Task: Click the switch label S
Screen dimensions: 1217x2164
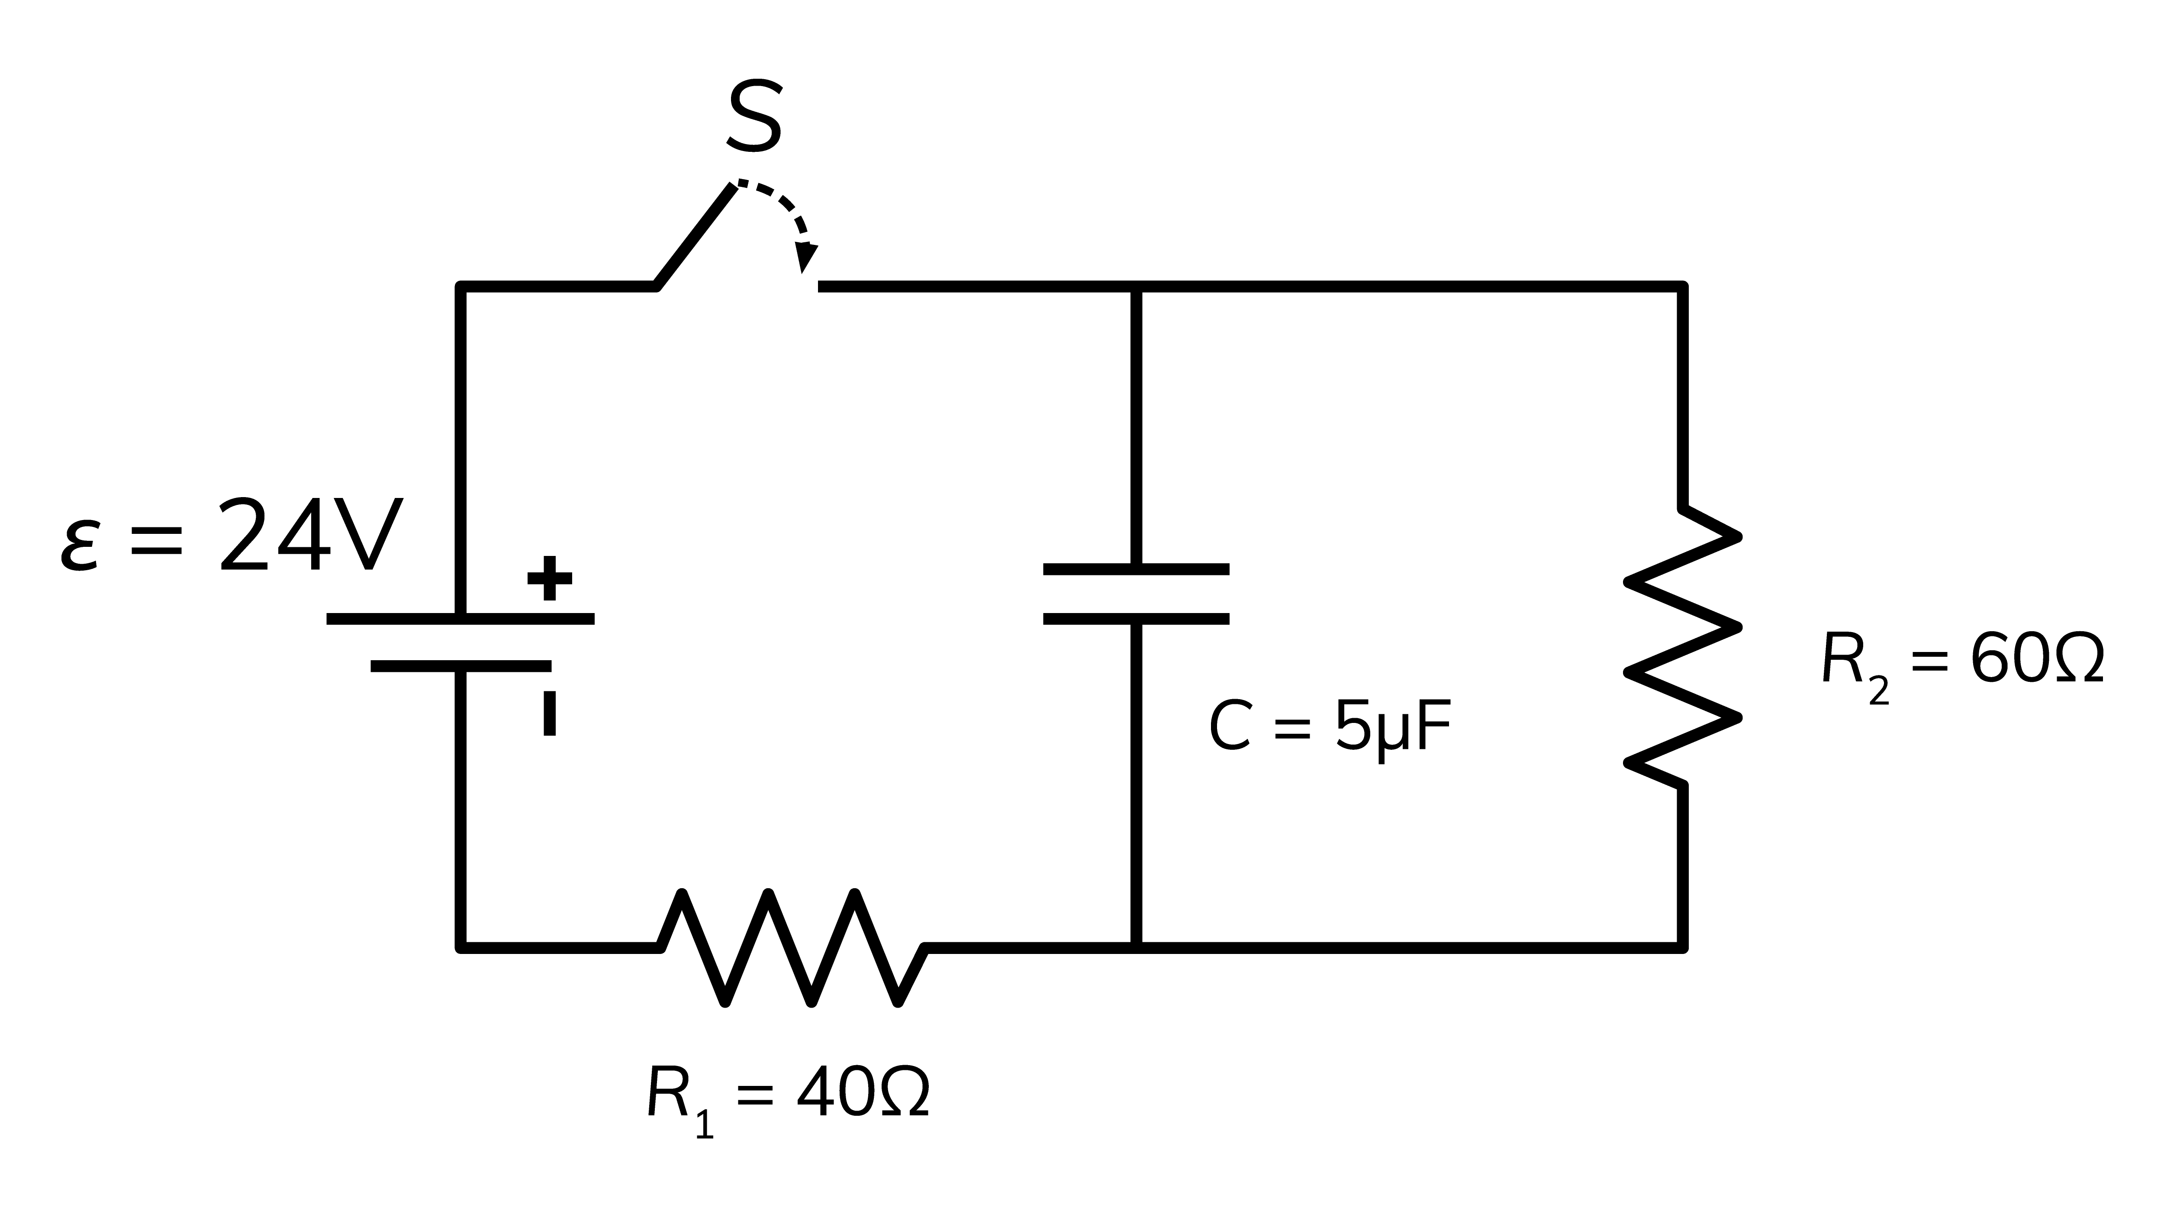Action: (754, 118)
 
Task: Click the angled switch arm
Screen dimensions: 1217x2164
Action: (696, 237)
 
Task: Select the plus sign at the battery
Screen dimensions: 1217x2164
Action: (549, 578)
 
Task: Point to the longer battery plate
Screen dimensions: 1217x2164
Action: (460, 619)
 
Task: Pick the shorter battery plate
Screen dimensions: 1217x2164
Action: (460, 666)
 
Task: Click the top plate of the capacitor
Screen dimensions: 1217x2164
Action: (1136, 569)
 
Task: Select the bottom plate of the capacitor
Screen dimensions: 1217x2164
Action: (1136, 619)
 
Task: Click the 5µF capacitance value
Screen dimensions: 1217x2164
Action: (1393, 727)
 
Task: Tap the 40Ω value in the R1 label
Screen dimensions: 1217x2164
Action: (863, 1094)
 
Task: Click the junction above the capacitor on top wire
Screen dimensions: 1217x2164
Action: (1136, 287)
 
